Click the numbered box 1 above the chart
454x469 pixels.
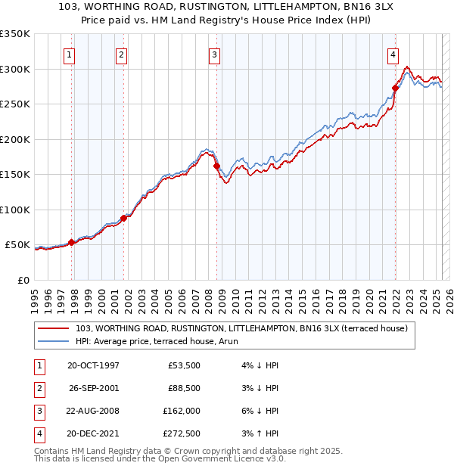pyautogui.click(x=69, y=54)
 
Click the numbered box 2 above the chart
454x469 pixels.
pyautogui.click(x=121, y=54)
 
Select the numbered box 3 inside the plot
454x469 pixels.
pyautogui.click(x=214, y=54)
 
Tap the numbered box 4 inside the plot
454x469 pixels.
pyautogui.click(x=393, y=54)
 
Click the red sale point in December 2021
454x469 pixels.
pyautogui.click(x=395, y=88)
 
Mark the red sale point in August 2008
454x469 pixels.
pyautogui.click(x=216, y=166)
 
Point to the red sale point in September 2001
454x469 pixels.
pyautogui.click(x=124, y=218)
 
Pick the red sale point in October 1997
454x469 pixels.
pyautogui.click(x=72, y=242)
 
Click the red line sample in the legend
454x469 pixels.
pyautogui.click(x=53, y=329)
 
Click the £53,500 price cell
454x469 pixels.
pyautogui.click(x=183, y=365)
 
